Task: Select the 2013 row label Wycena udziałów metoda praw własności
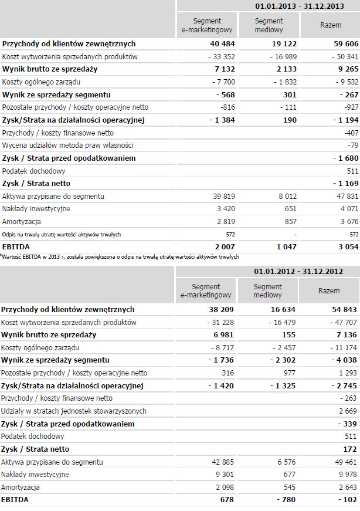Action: point(68,145)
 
